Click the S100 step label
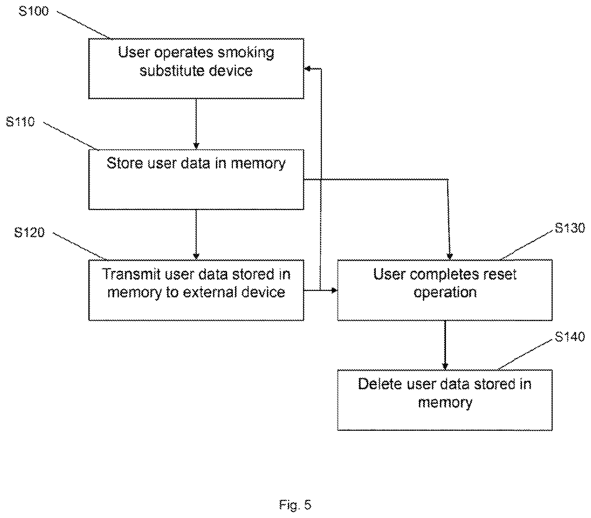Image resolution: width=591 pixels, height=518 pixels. point(33,11)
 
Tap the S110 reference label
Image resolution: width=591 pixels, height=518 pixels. point(20,121)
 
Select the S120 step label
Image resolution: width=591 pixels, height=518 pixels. point(29,232)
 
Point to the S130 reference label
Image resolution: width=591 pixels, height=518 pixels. point(570,228)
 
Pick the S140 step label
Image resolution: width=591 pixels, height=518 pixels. point(570,337)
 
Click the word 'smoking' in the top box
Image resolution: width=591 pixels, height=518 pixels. point(246,53)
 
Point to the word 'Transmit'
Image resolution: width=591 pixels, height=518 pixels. point(131,274)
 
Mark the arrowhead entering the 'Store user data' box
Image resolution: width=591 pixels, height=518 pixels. point(196,146)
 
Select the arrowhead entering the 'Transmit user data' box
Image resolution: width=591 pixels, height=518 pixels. point(196,256)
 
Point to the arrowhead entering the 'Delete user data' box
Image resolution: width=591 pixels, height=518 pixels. point(445,366)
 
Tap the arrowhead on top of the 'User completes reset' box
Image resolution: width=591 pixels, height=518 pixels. point(450,256)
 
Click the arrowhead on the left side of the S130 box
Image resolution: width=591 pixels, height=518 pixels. point(334,290)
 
